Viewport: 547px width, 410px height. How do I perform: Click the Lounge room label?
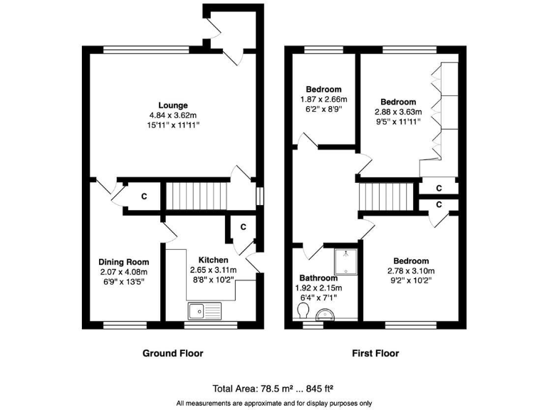pos(174,105)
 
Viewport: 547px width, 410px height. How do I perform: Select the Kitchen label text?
pos(213,260)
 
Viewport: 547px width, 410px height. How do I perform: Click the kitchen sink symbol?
pos(205,310)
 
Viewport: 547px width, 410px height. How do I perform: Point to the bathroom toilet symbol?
pos(302,312)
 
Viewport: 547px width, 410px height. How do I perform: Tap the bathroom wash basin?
pos(327,314)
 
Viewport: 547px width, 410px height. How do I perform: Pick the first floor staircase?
pos(385,196)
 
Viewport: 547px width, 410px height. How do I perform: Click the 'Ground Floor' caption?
pos(173,353)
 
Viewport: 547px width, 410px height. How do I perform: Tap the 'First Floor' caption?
pos(375,353)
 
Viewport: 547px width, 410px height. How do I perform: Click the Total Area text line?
pos(273,389)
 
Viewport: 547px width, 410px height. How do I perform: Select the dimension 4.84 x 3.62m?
pos(174,115)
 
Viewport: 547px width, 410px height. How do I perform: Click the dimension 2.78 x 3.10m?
pos(410,270)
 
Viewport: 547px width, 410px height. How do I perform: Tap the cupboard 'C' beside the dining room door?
pos(143,196)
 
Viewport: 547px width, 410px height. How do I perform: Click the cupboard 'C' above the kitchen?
pos(243,227)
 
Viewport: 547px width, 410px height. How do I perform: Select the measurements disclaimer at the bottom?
pos(273,403)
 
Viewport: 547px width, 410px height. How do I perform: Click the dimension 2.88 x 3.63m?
pos(398,112)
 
